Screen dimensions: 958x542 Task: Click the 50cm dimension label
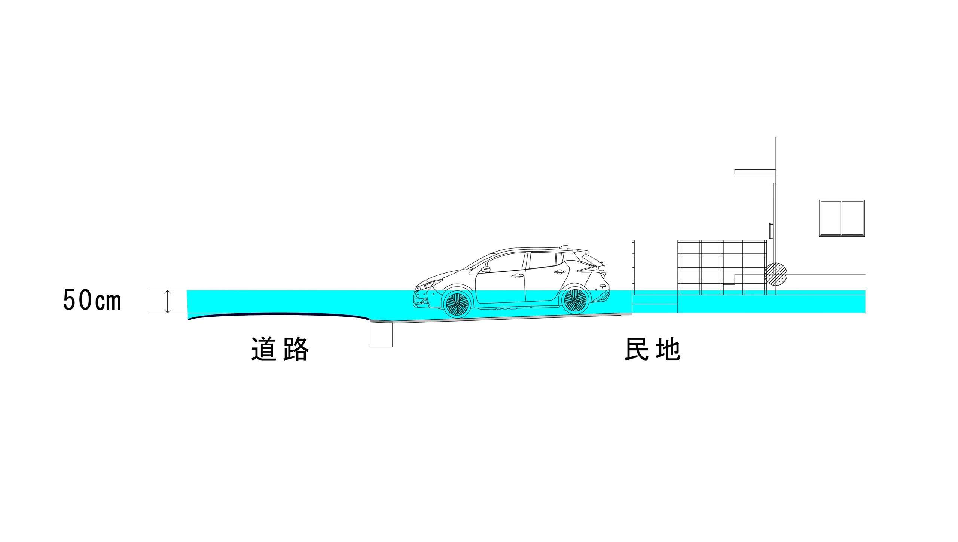[92, 300]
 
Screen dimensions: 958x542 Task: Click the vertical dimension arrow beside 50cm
[168, 301]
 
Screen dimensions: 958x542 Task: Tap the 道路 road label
[280, 349]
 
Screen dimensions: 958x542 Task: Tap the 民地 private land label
[652, 349]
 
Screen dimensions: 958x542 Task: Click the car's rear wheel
[575, 301]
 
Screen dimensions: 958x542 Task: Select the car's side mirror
[486, 269]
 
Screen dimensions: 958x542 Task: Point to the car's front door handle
[517, 276]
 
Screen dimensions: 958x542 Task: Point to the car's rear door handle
[559, 272]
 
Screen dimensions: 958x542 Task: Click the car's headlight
[433, 283]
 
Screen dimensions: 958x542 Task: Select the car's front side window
[506, 262]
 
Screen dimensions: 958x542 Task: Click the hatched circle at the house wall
[775, 274]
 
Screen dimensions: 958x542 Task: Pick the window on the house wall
[842, 218]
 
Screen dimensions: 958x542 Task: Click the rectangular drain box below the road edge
[381, 334]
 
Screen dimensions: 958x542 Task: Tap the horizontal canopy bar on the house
[755, 172]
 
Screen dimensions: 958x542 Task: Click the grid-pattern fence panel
[722, 267]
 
